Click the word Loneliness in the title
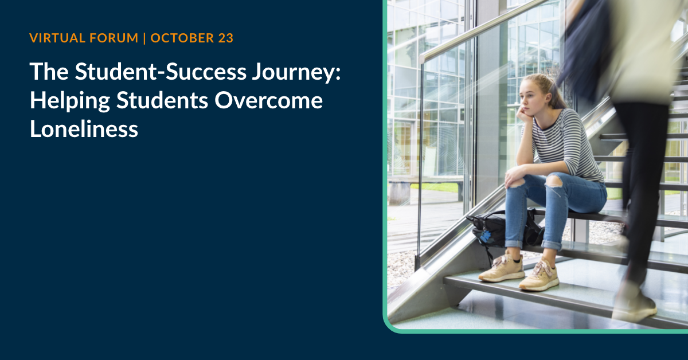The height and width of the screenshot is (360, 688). pyautogui.click(x=84, y=129)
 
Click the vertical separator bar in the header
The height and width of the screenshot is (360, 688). pyautogui.click(x=144, y=39)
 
